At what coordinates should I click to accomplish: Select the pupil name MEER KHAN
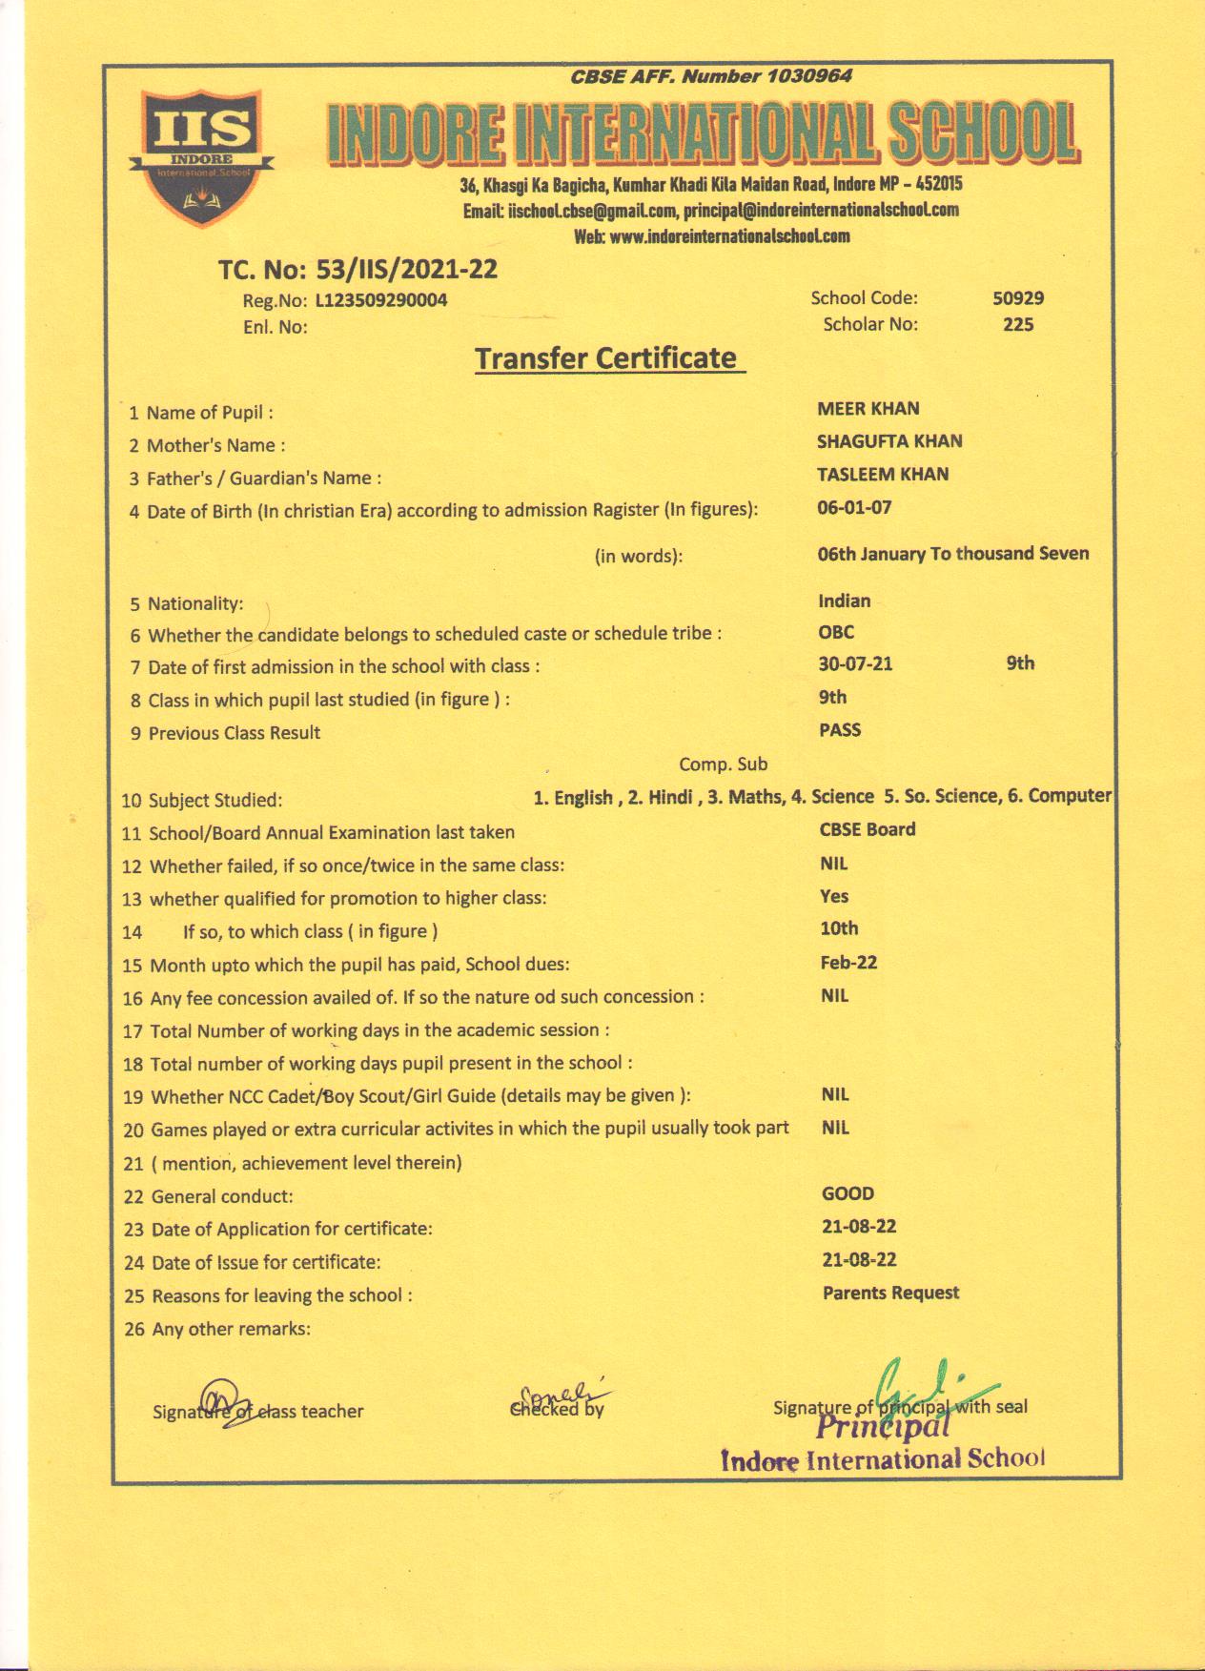(x=868, y=409)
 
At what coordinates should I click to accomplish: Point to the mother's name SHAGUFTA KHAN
(x=889, y=441)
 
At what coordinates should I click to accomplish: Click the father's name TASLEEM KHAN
(x=883, y=475)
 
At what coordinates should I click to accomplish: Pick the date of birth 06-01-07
(x=854, y=507)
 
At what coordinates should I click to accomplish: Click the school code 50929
(x=1018, y=298)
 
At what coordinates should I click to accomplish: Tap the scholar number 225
(x=1018, y=325)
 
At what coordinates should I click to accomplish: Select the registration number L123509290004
(x=380, y=301)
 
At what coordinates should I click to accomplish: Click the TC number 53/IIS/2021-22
(x=399, y=271)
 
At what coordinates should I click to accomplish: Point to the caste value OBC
(x=836, y=632)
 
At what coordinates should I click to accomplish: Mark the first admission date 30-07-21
(x=855, y=664)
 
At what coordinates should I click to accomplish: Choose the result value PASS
(x=840, y=730)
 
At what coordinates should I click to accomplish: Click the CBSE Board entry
(x=868, y=829)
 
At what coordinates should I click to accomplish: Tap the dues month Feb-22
(x=848, y=963)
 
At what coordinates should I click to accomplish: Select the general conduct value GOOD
(x=848, y=1193)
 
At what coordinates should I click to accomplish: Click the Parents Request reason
(x=890, y=1294)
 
